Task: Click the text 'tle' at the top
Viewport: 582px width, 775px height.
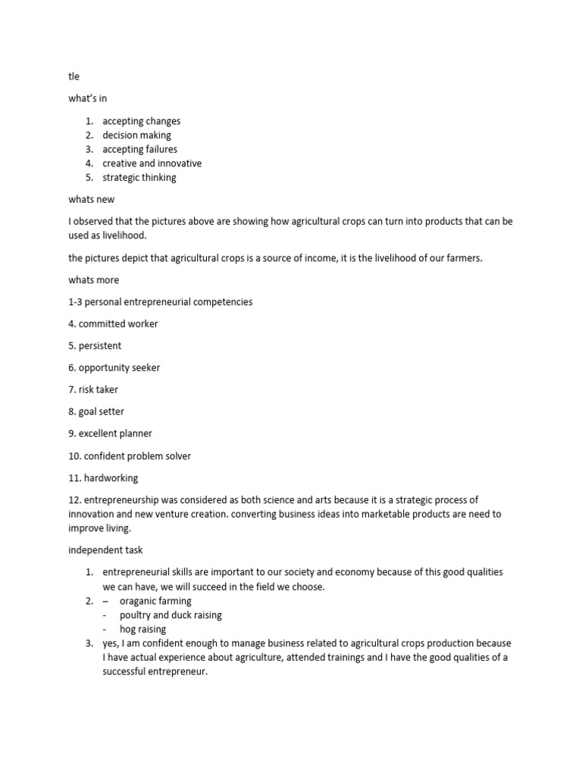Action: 74,76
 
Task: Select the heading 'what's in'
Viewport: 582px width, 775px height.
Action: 87,98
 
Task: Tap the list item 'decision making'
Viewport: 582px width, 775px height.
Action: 137,135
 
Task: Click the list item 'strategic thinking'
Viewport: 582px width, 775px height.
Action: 139,177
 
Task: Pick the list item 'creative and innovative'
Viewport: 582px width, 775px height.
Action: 152,163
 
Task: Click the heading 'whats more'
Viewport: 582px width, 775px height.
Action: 94,280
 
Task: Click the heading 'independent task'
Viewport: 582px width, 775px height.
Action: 105,550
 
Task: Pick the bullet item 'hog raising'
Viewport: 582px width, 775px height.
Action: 142,630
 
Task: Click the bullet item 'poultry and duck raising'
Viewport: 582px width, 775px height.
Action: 171,615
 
